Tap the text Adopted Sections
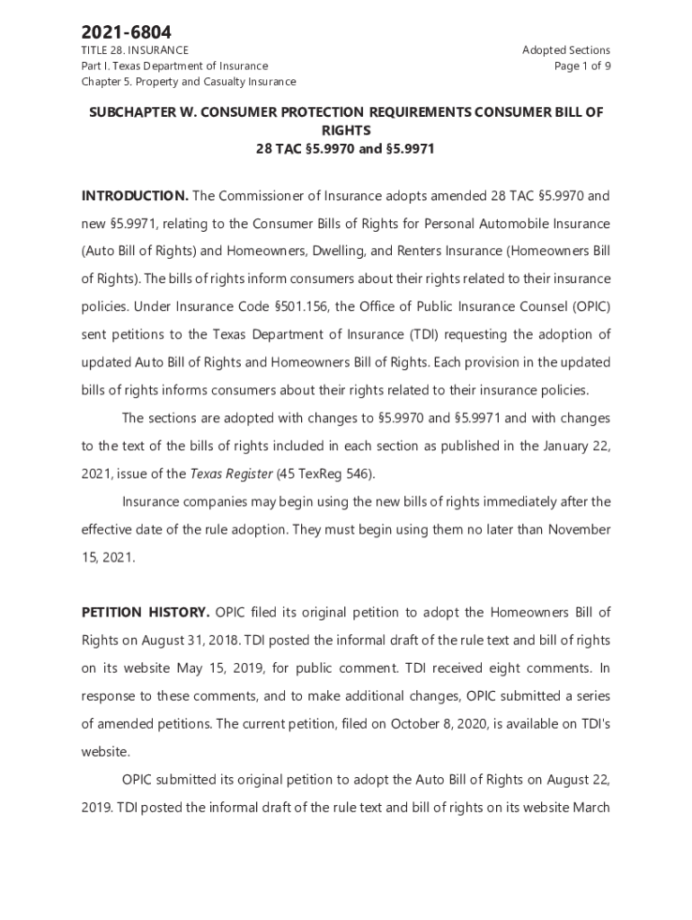point(566,50)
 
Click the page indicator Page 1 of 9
point(583,66)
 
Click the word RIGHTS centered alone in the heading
point(346,130)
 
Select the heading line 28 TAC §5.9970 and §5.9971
point(346,148)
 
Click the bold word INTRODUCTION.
point(135,196)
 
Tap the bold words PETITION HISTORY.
point(146,613)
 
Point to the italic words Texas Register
point(228,473)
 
